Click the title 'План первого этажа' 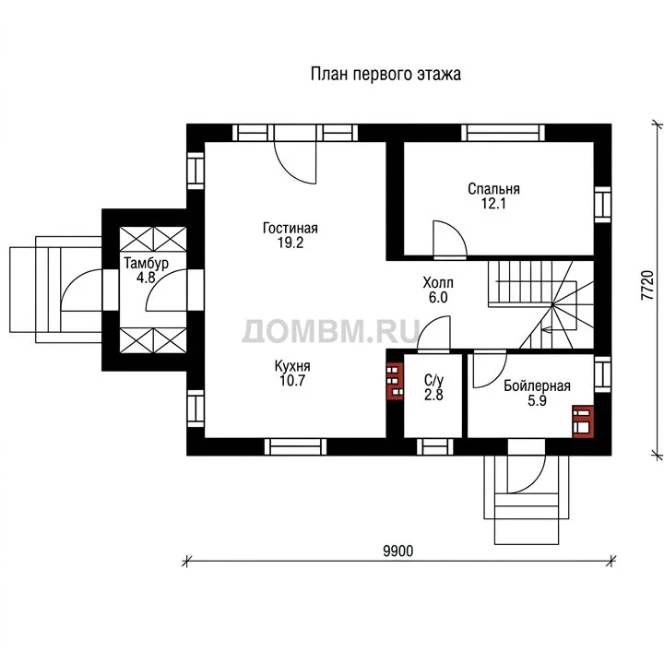[x=385, y=74]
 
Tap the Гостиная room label [x=290, y=229]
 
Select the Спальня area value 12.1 [x=493, y=204]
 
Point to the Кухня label [x=292, y=365]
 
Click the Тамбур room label [x=146, y=264]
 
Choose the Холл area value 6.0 [x=438, y=297]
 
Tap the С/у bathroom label [x=433, y=380]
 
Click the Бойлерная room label [x=537, y=386]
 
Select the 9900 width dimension [x=398, y=551]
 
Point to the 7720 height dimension [x=647, y=285]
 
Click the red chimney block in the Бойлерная [x=583, y=421]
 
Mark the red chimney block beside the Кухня [x=395, y=381]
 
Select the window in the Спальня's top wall [x=504, y=133]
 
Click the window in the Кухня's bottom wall [x=296, y=446]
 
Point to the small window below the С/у [x=435, y=446]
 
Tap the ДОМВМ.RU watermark [x=331, y=331]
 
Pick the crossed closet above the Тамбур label [x=153, y=239]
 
